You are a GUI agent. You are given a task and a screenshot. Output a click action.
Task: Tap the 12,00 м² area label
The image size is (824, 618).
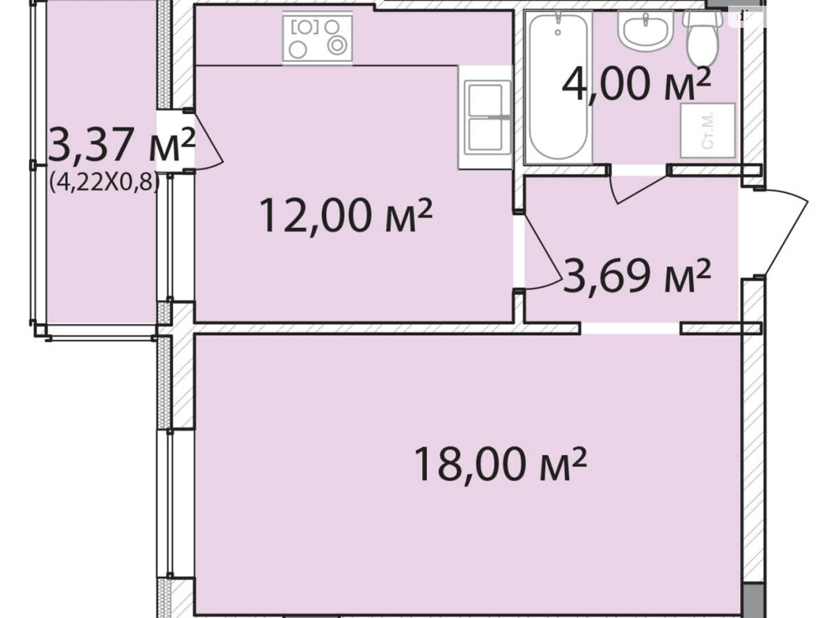click(x=346, y=216)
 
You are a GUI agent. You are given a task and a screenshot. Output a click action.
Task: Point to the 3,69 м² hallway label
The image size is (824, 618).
click(x=637, y=276)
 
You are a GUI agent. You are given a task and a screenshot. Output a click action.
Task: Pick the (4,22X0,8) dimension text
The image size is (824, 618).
click(x=105, y=183)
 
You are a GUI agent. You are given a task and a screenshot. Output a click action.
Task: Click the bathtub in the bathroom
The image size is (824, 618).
click(x=558, y=87)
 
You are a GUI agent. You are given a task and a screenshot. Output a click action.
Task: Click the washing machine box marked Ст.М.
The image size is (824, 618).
click(x=708, y=131)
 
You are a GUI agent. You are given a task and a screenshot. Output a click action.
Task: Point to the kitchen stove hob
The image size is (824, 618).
click(x=317, y=38)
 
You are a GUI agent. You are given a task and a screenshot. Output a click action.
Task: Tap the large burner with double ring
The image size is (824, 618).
click(x=337, y=46)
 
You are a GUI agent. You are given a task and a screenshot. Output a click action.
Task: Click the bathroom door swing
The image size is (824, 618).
click(x=638, y=190)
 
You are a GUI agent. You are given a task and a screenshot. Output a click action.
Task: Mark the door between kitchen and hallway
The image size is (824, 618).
click(x=541, y=251)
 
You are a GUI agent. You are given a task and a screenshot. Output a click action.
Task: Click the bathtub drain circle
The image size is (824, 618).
click(x=558, y=32)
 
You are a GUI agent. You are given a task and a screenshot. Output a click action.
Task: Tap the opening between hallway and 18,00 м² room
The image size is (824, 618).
click(x=631, y=329)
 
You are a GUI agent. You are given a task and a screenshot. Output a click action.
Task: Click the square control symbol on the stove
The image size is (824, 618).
click(x=305, y=27)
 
